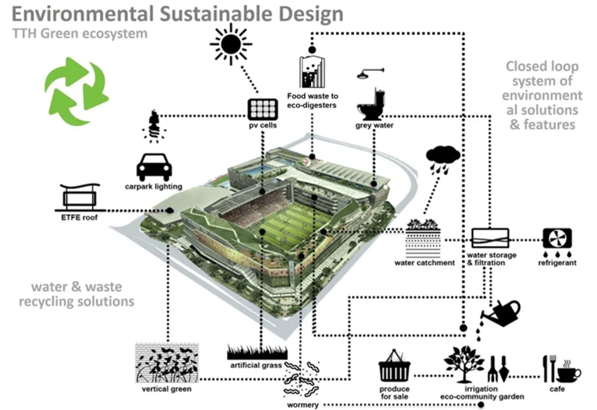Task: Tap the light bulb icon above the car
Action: point(154,125)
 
